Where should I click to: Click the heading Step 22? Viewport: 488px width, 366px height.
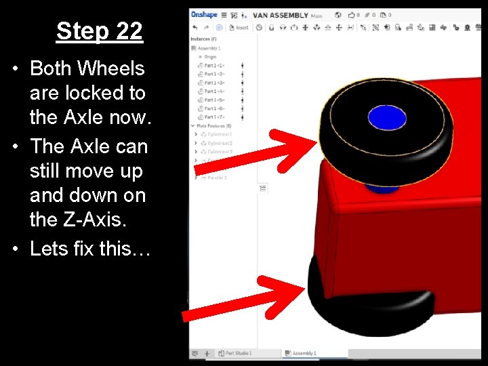(99, 31)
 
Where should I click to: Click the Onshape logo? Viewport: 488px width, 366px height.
(204, 14)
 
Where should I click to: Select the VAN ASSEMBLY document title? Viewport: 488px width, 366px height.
(280, 15)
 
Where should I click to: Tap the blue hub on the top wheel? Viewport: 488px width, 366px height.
(386, 119)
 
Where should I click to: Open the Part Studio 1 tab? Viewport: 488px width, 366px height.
(237, 353)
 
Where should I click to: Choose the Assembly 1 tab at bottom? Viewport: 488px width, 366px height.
(303, 353)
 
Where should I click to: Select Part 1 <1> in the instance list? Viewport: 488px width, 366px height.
(215, 66)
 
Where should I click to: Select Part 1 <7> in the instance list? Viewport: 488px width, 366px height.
(215, 117)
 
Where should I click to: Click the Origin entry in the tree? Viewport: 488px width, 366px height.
(211, 57)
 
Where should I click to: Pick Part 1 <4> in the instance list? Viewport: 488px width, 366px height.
(215, 91)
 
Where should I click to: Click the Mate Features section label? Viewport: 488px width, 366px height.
(213, 126)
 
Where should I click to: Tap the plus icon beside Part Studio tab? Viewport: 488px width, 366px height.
(206, 353)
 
